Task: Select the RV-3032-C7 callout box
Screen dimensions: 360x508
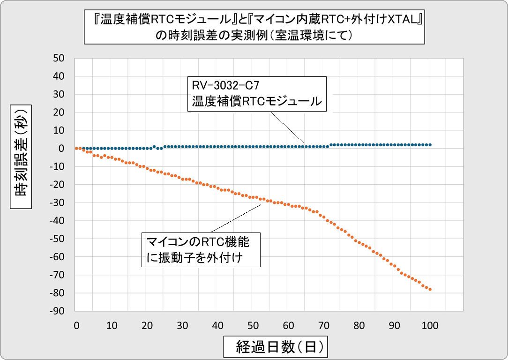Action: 257,94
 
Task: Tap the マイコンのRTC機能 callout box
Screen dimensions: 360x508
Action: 201,250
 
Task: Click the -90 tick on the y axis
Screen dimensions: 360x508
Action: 60,311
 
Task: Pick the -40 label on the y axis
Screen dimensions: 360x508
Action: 60,221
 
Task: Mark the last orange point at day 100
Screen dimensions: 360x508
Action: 430,289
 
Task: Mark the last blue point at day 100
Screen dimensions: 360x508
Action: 430,145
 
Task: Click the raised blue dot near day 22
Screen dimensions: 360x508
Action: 154,147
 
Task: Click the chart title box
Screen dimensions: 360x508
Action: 254,27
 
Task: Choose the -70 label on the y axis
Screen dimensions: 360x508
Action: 60,275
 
